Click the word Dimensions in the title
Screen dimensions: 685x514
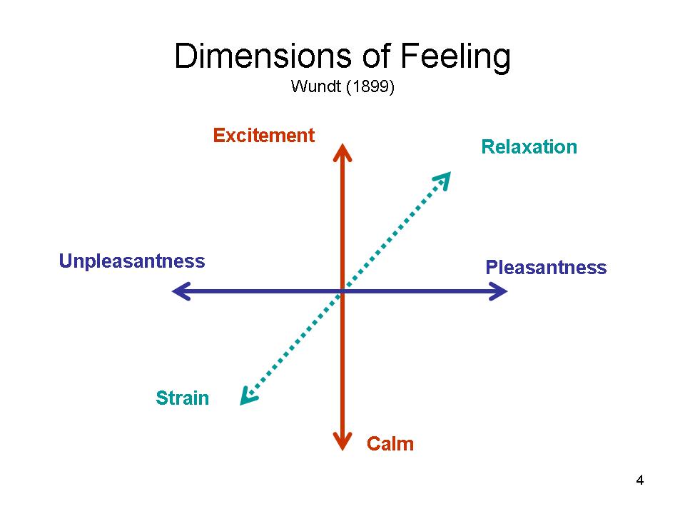coord(263,56)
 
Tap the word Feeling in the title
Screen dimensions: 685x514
coord(455,58)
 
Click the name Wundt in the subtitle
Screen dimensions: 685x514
coord(315,86)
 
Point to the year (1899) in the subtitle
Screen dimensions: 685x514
coord(370,86)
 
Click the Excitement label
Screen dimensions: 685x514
coord(264,136)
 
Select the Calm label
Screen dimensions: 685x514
coord(390,444)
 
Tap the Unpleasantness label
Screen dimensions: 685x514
coord(132,261)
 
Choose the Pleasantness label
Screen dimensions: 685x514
coord(546,268)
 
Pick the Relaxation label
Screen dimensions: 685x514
coord(529,147)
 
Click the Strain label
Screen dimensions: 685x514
coord(182,398)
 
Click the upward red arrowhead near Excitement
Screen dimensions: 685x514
coord(342,152)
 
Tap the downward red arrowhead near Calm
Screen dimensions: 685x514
coord(342,441)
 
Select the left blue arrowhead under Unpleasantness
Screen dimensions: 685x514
coord(181,291)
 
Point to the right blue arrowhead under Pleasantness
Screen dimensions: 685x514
coord(498,291)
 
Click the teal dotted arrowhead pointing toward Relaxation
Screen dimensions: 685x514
coord(443,180)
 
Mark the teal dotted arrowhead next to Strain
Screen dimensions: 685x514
coord(248,397)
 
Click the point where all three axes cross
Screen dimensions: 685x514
coord(342,291)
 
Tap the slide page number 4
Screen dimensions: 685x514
coord(639,480)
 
